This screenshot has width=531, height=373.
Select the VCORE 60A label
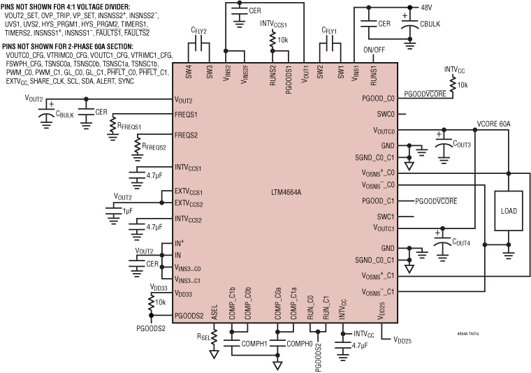[x=494, y=124]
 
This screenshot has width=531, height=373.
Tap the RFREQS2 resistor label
[x=153, y=147]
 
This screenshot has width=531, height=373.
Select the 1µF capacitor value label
[x=127, y=210]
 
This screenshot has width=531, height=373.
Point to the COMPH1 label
[x=254, y=344]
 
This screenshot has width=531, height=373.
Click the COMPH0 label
[x=302, y=344]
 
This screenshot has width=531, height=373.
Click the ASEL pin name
[x=214, y=307]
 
